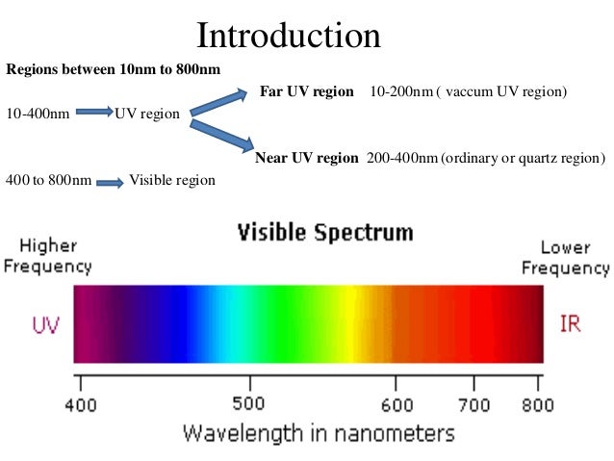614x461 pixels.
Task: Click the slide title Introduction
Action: tap(289, 36)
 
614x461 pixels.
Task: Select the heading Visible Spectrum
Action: tap(325, 232)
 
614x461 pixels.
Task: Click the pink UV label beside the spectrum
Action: tap(46, 324)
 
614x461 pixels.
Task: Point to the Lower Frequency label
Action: tap(566, 257)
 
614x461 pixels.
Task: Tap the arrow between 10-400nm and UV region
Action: tap(93, 114)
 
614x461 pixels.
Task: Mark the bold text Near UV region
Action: tap(307, 157)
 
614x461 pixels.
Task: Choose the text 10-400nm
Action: tap(37, 114)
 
